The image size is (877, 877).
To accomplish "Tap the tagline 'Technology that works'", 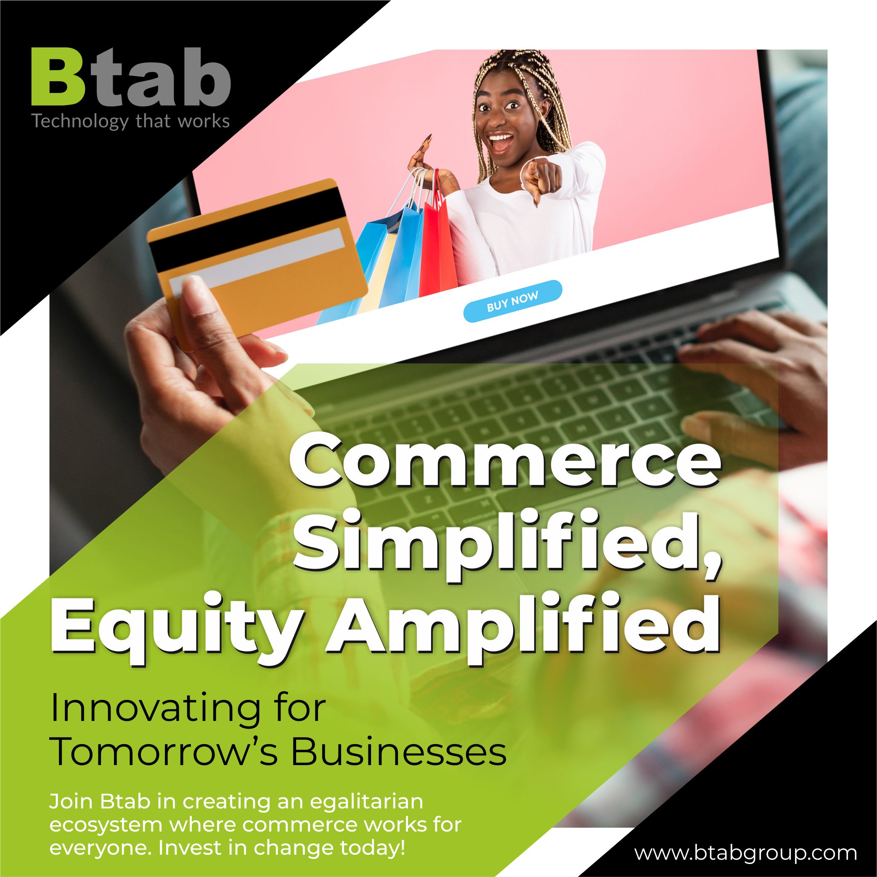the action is pos(131,122).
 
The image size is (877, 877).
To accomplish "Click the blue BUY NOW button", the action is pos(512,302).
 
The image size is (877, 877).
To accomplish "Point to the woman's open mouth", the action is pos(501,142).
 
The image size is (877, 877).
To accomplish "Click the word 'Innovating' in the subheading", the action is pos(155,709).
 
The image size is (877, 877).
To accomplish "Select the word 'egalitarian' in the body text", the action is pos(366,803).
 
